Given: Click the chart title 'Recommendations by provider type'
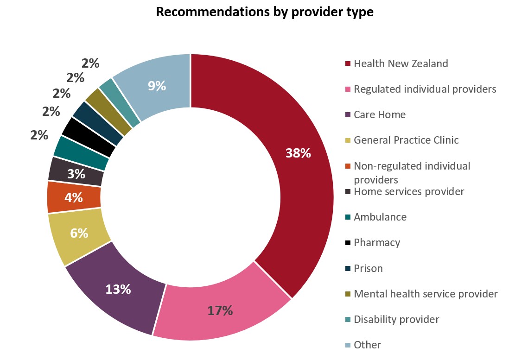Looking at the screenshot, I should pos(265,12).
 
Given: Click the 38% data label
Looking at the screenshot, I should pos(298,153).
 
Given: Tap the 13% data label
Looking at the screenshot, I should pos(118,290).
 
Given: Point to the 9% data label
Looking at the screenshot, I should pos(157,86).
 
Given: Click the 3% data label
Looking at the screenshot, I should pos(76,174).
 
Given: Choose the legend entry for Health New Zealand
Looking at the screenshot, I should pos(401,64).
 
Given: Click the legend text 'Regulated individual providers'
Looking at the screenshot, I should pos(425,89).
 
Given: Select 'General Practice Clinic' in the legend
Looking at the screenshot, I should pos(406,140).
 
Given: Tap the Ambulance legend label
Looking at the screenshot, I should pos(380,217).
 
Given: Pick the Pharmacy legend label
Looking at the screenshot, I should pos(376,242).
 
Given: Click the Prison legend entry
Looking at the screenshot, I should pos(368,268).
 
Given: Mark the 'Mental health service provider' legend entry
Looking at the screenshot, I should pos(425,294).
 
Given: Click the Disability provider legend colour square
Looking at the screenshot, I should pos(348,320).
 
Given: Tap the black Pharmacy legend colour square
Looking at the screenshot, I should pos(348,243).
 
